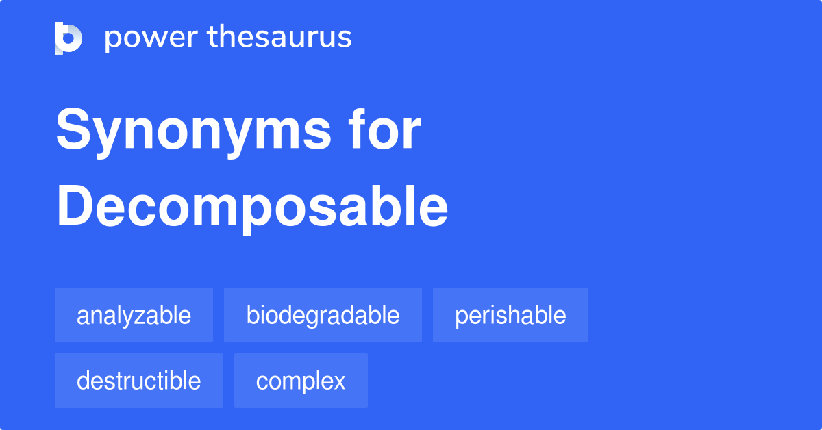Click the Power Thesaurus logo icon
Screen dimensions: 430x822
pos(68,38)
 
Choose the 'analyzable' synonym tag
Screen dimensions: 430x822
pos(134,315)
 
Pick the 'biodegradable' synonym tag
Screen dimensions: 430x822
pos(323,315)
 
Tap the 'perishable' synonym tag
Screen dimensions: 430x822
pos(510,315)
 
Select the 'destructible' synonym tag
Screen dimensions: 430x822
pos(138,381)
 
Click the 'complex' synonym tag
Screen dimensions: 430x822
pos(301,381)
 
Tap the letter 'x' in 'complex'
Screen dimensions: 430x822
pos(339,381)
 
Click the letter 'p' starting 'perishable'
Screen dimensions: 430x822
pos(460,317)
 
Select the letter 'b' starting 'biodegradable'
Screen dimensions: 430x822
pos(251,315)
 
